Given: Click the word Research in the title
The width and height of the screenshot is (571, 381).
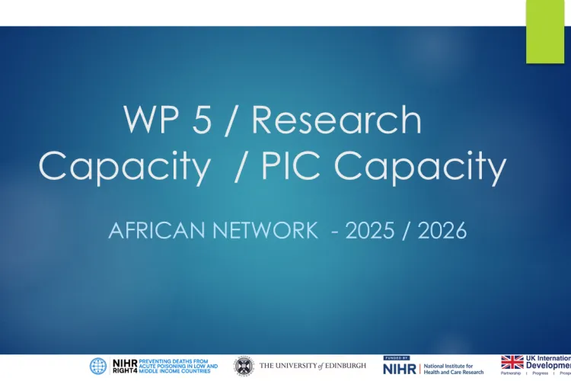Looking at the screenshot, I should (x=337, y=120).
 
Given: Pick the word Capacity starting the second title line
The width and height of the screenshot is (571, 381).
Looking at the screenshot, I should (x=125, y=168).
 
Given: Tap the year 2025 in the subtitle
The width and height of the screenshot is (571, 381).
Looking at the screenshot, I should (x=372, y=231).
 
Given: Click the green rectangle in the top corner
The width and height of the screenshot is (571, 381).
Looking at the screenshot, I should (x=545, y=32).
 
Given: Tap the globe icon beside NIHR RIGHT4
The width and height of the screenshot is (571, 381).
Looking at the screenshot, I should (x=98, y=367).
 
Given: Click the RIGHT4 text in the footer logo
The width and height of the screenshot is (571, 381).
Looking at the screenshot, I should (x=124, y=371).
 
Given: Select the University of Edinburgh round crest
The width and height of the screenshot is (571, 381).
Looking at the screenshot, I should (x=244, y=367).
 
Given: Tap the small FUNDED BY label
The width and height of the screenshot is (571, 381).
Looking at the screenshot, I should (x=396, y=357).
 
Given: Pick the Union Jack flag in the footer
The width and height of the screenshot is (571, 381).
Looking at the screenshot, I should (x=512, y=363).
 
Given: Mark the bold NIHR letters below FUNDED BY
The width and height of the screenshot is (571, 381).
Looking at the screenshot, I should (x=398, y=370).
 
